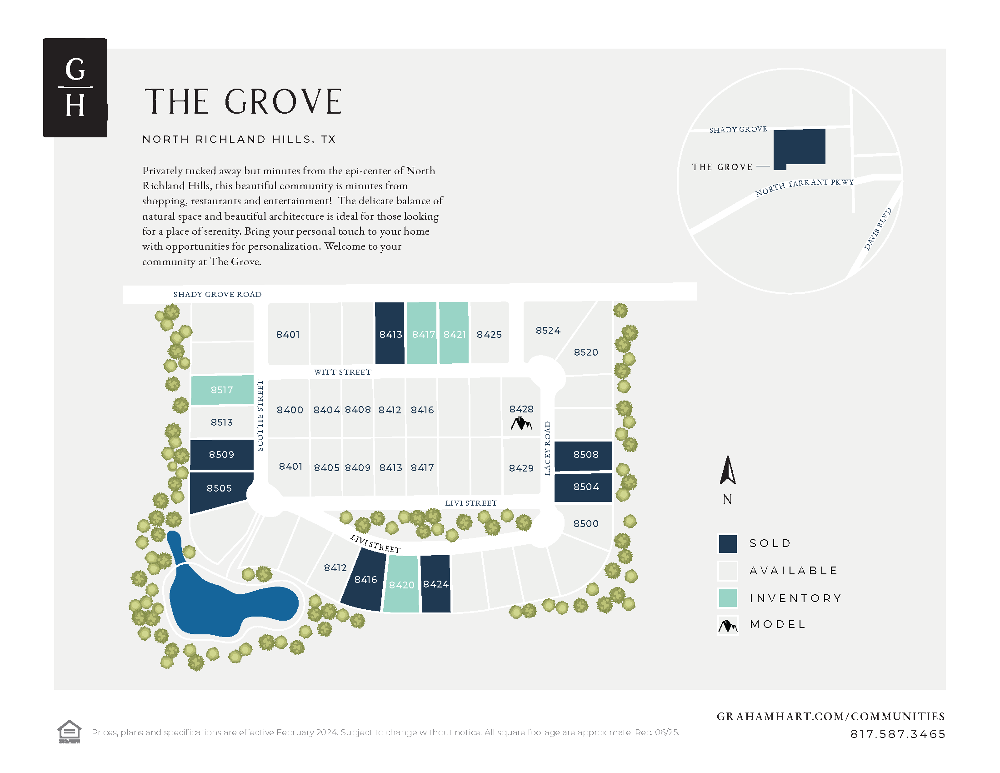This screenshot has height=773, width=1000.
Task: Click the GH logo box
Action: (x=75, y=87)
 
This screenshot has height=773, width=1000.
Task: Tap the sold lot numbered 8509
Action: (x=222, y=454)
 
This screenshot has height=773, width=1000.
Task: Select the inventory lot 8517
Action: (x=222, y=390)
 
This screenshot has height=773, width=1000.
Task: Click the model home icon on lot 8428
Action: (x=521, y=424)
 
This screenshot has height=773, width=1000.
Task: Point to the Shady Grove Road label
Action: (x=217, y=295)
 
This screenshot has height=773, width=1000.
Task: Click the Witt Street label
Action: (x=342, y=372)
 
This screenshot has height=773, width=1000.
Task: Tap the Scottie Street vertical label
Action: (x=260, y=415)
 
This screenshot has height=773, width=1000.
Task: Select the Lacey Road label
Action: (x=547, y=448)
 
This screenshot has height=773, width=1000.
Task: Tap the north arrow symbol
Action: (x=727, y=471)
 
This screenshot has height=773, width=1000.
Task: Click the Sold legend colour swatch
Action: (x=728, y=543)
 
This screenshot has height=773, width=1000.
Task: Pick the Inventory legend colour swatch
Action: (x=728, y=598)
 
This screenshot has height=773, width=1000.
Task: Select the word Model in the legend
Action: (x=777, y=624)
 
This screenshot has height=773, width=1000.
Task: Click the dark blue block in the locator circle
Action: (x=800, y=147)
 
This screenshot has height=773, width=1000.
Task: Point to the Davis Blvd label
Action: (x=878, y=229)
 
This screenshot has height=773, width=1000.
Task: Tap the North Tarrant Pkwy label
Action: (x=805, y=186)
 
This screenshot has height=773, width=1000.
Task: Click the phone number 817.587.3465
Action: (x=897, y=734)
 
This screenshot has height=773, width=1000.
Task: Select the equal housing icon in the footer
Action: (x=69, y=731)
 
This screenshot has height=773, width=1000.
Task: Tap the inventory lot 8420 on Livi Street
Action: (x=401, y=585)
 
